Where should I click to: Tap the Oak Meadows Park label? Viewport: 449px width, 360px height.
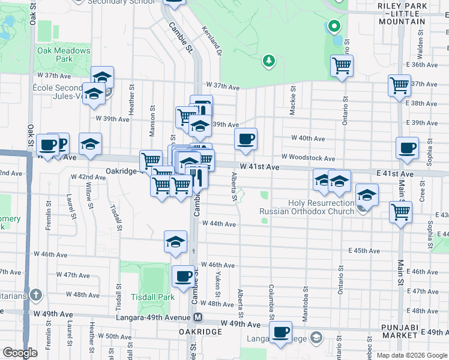pos(64,55)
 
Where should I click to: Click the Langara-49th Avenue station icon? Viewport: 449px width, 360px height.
pos(197,317)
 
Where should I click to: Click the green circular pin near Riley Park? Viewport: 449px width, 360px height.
pos(334,27)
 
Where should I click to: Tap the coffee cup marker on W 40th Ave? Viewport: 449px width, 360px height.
pos(246,139)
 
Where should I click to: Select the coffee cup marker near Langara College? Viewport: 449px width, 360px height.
pos(280,332)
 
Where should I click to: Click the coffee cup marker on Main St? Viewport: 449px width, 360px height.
pos(408,148)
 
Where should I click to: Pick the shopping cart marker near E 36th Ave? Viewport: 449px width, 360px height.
pos(342,66)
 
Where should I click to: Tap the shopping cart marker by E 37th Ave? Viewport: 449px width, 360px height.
pos(399,85)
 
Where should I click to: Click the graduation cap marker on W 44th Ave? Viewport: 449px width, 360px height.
pos(175,242)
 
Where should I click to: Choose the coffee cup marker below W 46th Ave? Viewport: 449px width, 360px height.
pos(184,277)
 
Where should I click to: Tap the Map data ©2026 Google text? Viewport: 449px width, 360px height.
pos(411,355)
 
